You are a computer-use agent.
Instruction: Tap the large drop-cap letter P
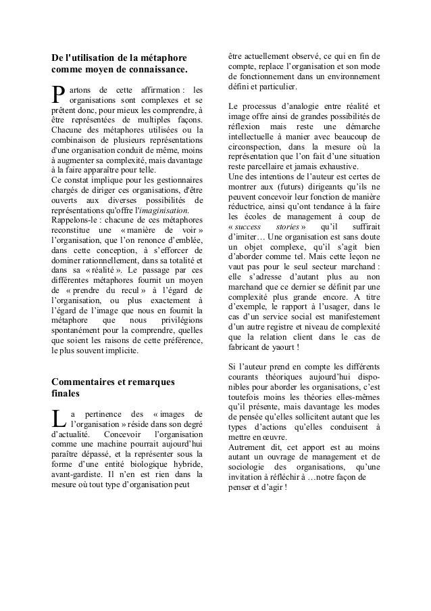59,96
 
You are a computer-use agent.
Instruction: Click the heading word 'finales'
66,394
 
